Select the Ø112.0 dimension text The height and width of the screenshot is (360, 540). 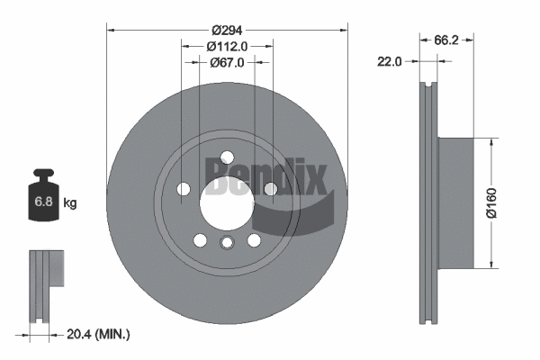227,46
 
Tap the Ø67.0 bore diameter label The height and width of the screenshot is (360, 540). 227,63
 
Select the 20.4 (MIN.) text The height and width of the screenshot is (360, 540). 99,334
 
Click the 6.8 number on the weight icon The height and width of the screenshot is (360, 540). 42,203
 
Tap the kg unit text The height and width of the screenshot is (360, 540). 69,203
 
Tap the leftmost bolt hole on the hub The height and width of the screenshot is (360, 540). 184,189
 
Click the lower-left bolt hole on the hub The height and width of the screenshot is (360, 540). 200,240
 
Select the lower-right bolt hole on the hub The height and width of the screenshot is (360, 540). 253,239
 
